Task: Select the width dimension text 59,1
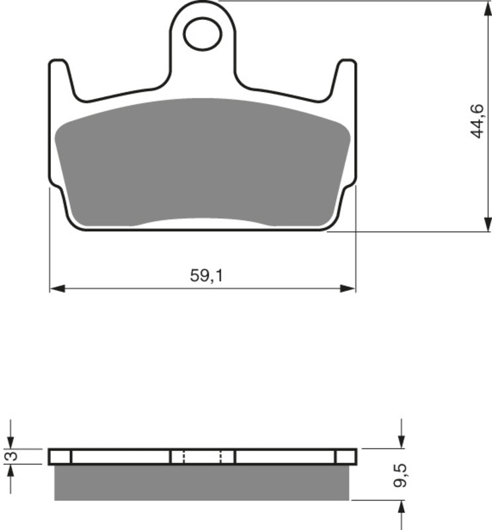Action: [207, 276]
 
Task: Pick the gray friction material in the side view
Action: [203, 482]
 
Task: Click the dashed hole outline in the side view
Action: [202, 456]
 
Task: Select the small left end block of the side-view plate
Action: [60, 456]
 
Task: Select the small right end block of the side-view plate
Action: [346, 456]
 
